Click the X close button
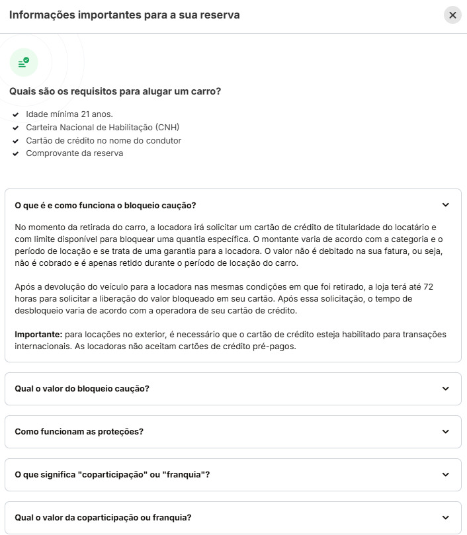tap(452, 15)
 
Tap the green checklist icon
tap(24, 62)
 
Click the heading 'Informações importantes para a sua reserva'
tap(124, 15)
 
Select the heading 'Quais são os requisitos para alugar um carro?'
tap(115, 91)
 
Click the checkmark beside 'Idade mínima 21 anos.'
tap(15, 114)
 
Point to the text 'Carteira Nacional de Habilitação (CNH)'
tap(103, 127)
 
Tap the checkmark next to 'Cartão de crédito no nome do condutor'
tap(15, 141)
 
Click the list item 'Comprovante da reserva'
tap(74, 153)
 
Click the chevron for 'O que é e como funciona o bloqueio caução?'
tap(445, 205)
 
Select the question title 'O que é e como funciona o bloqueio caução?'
tap(105, 205)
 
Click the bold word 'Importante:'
tap(38, 334)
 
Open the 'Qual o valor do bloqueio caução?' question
tap(82, 388)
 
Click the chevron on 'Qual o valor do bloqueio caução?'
tap(445, 388)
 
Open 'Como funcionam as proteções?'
tap(79, 431)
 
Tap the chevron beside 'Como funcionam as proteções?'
tap(445, 431)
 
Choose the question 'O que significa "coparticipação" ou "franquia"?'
tap(112, 474)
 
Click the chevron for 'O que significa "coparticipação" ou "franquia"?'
tap(445, 474)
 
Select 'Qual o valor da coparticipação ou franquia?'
tap(103, 517)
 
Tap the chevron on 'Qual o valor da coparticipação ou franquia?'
tap(445, 517)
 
